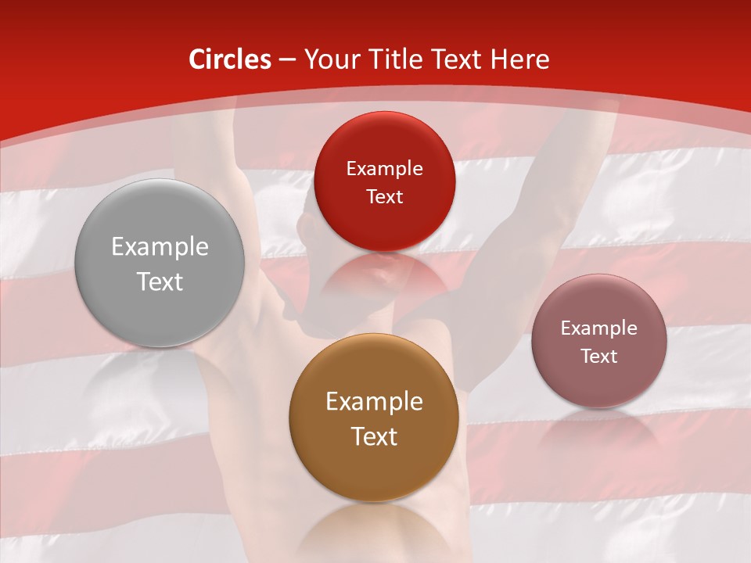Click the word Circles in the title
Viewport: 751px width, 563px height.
click(x=230, y=59)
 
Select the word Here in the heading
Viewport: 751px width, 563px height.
click(x=519, y=59)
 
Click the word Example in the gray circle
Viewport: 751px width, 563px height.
click(x=160, y=247)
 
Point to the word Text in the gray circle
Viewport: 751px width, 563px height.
click(x=160, y=281)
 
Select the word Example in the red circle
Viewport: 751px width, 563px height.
click(x=384, y=169)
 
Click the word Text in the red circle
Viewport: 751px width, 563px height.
click(x=384, y=197)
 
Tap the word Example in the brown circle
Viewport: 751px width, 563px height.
click(x=374, y=402)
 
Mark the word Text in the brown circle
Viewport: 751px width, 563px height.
click(x=374, y=436)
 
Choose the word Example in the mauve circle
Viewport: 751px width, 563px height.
click(x=598, y=328)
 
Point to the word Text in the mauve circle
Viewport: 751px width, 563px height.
click(x=598, y=357)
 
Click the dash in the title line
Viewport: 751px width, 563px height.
click(x=287, y=60)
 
